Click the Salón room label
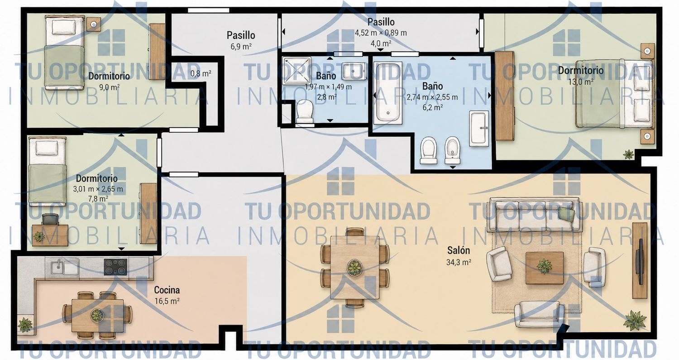click(x=459, y=250)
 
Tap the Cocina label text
click(x=167, y=290)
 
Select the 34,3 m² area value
click(x=459, y=262)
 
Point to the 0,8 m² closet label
click(x=201, y=73)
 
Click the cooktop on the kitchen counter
click(x=115, y=267)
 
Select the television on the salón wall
click(x=639, y=261)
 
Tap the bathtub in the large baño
click(x=387, y=93)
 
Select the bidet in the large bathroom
click(x=453, y=150)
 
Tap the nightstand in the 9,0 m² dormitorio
click(x=94, y=24)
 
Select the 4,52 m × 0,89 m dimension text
click(x=381, y=33)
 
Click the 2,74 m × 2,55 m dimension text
click(x=432, y=97)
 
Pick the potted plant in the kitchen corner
click(x=25, y=325)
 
